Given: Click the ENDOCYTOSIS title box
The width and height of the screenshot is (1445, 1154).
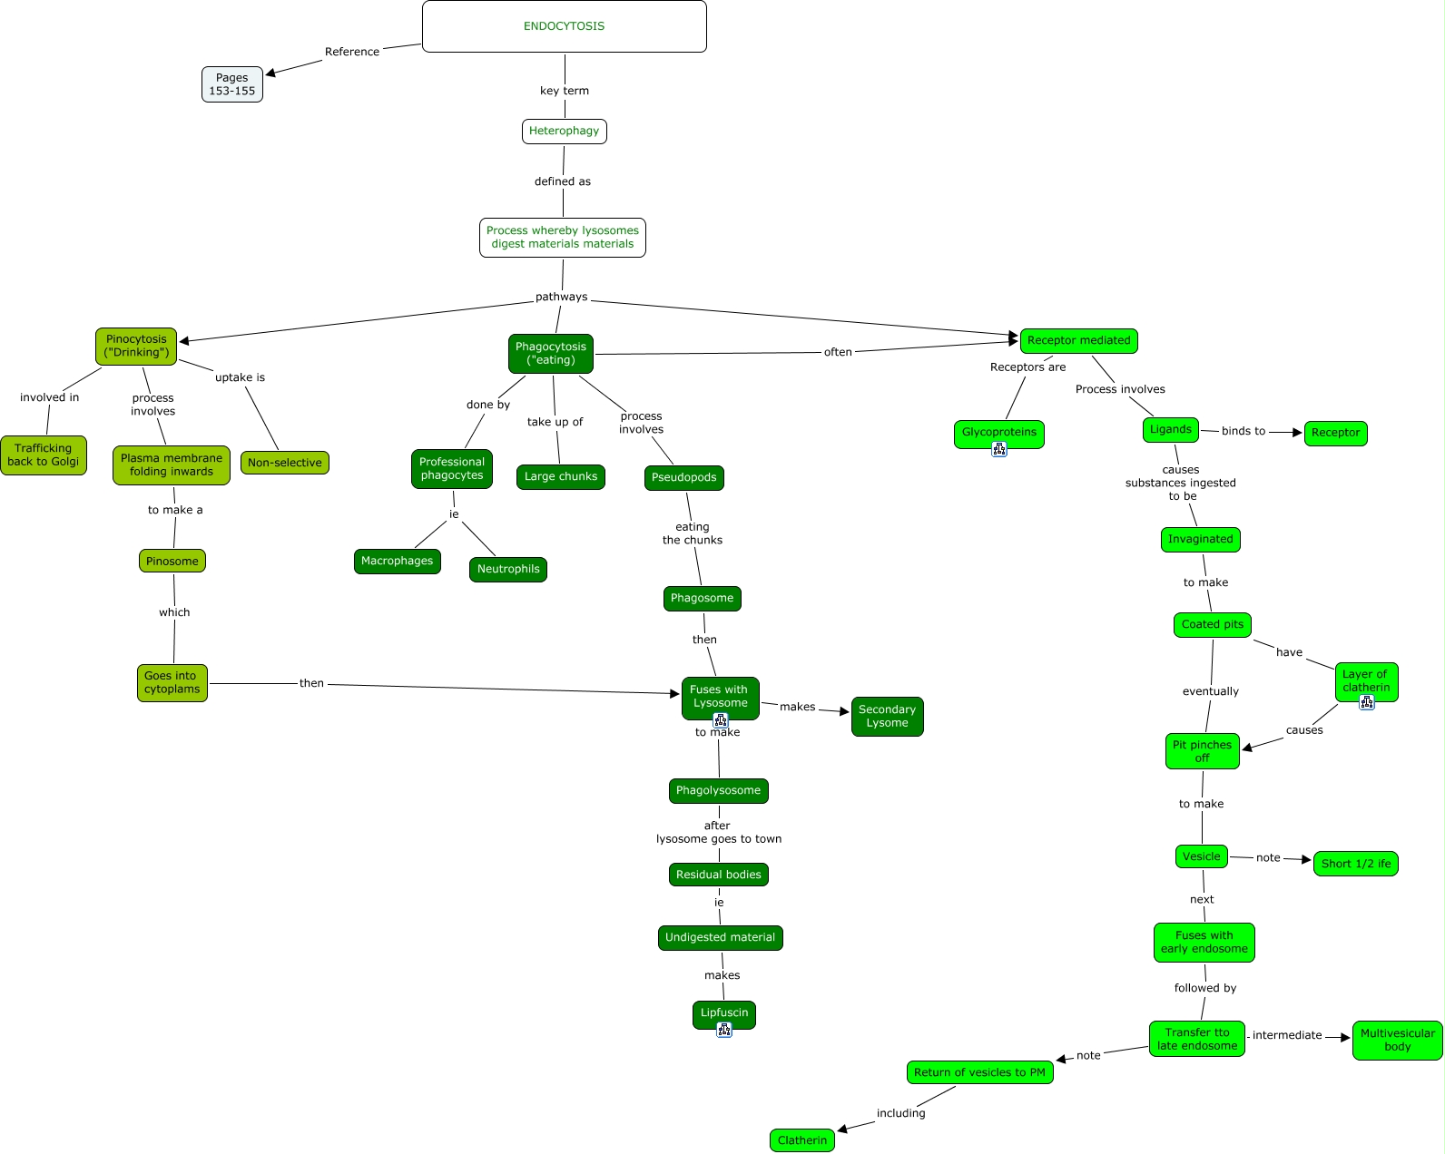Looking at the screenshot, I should [x=564, y=26].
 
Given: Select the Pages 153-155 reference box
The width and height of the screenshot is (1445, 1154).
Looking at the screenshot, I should [x=232, y=84].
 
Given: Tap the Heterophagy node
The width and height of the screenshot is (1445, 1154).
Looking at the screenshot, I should [x=564, y=132].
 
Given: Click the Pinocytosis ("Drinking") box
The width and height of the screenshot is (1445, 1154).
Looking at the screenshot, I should [x=136, y=346].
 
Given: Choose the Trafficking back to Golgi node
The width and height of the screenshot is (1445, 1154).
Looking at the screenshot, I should [x=44, y=455].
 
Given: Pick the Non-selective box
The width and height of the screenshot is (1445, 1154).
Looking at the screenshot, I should [x=285, y=463].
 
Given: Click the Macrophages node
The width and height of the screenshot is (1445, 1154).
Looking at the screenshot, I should [x=398, y=562].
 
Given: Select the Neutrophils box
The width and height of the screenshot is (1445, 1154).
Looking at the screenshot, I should [x=508, y=570].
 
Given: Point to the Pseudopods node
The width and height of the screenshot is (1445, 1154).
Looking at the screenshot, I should [x=684, y=478].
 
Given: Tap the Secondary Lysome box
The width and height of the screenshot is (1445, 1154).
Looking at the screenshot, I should [x=887, y=716].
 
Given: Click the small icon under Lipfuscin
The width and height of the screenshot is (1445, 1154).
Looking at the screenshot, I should [x=724, y=1030].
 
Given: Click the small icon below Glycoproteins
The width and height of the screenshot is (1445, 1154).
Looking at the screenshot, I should [x=999, y=449].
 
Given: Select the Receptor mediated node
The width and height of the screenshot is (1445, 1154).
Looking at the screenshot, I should [x=1078, y=341].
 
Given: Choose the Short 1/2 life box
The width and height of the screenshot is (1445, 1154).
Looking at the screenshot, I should [x=1355, y=864].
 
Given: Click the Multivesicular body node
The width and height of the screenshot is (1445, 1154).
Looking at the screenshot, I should [x=1397, y=1040].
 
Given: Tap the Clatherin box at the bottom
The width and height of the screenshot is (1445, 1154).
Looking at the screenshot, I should [x=802, y=1140].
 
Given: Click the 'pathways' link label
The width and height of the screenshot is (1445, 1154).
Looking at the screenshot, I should [x=561, y=297].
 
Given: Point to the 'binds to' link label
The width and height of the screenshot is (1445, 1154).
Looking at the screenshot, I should [x=1243, y=431].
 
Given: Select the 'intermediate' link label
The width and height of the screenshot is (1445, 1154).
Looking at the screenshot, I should [x=1287, y=1035].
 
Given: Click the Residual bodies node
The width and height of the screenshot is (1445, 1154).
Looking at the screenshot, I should [x=719, y=875].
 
